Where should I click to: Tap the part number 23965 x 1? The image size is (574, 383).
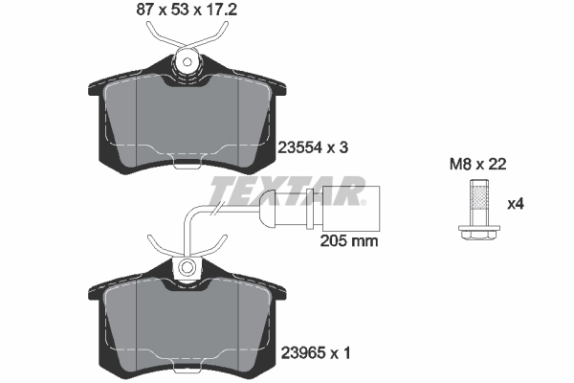[315, 353]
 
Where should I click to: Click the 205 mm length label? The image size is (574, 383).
[346, 241]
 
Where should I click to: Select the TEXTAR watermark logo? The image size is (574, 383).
[287, 191]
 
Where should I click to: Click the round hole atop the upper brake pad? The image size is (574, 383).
[188, 63]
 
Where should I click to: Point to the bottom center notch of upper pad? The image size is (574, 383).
[188, 158]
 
